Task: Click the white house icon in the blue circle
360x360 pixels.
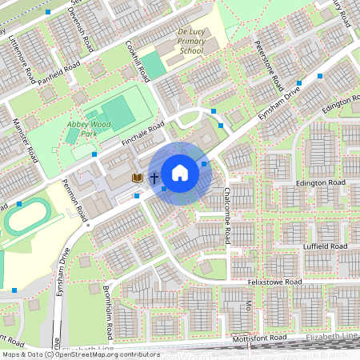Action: pyautogui.click(x=180, y=172)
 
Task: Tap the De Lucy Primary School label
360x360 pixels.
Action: pyautogui.click(x=190, y=42)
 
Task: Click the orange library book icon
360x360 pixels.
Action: pyautogui.click(x=137, y=178)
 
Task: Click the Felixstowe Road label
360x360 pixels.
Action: pyautogui.click(x=274, y=282)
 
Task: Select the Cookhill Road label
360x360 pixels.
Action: pyautogui.click(x=138, y=63)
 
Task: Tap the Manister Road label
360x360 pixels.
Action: pyautogui.click(x=26, y=139)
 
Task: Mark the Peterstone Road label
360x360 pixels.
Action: pyautogui.click(x=266, y=63)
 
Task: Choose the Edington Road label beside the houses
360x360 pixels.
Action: pyautogui.click(x=321, y=183)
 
